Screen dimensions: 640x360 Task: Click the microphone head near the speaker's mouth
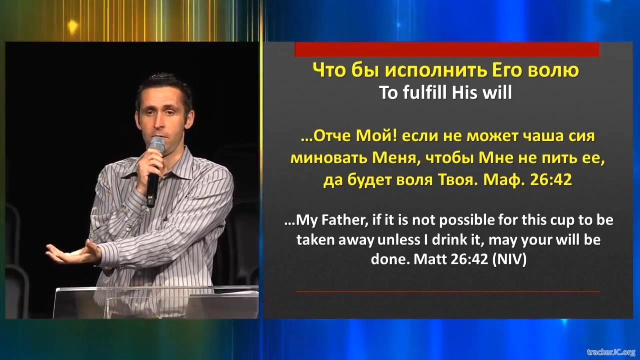156,145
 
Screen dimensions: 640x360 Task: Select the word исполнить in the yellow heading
435,70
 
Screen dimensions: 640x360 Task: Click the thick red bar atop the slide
447,49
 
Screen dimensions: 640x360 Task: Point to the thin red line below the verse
447,291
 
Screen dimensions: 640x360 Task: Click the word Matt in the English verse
430,259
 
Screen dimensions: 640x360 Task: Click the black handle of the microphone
152,188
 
